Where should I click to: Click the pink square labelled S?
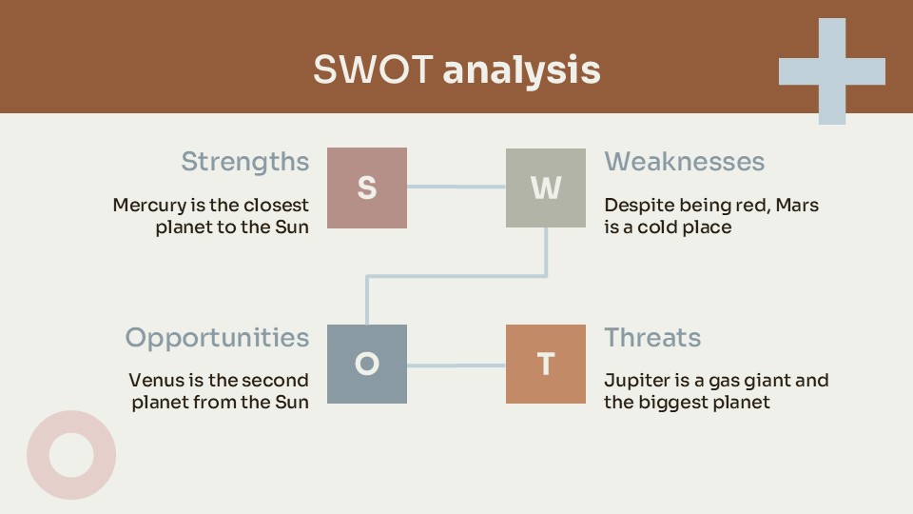pos(367,188)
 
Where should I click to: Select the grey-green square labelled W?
pos(546,188)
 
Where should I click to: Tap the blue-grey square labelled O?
pos(367,364)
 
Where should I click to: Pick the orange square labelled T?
pos(546,364)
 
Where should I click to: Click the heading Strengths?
pos(245,162)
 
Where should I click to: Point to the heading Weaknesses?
pos(684,162)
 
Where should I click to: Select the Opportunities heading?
pos(217,338)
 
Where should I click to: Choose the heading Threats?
pos(652,337)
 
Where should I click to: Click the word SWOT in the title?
pos(373,69)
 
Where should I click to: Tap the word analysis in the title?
pos(522,70)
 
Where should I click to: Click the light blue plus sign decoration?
pos(832,71)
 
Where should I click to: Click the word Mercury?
pos(150,206)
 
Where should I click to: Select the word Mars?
pos(797,206)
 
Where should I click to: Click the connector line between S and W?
pos(456,187)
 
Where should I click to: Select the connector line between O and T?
pos(456,366)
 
